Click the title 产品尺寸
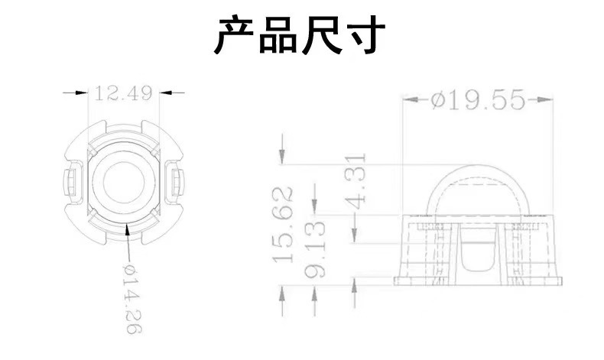click(298, 36)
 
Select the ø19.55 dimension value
click(477, 100)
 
